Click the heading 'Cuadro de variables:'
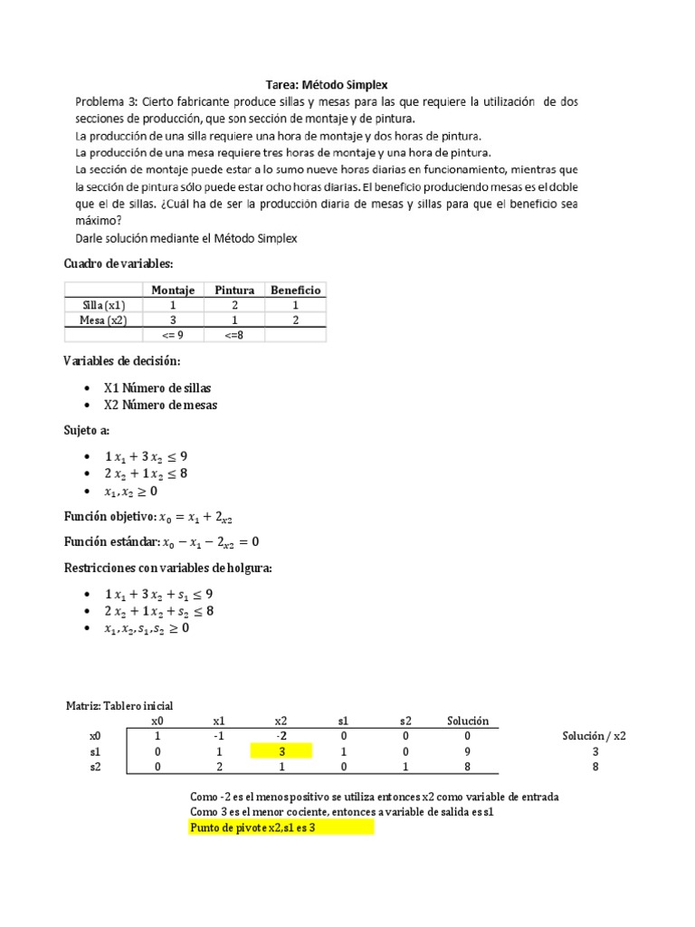coord(118,263)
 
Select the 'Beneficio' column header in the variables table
coord(295,290)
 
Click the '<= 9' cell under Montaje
coord(173,335)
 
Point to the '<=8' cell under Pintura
coord(234,335)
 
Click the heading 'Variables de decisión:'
coord(122,361)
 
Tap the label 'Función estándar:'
coord(109,541)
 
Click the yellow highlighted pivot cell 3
coord(281,750)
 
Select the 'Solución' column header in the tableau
coord(468,721)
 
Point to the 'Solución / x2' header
coord(594,735)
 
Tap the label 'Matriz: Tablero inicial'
coord(119,705)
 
